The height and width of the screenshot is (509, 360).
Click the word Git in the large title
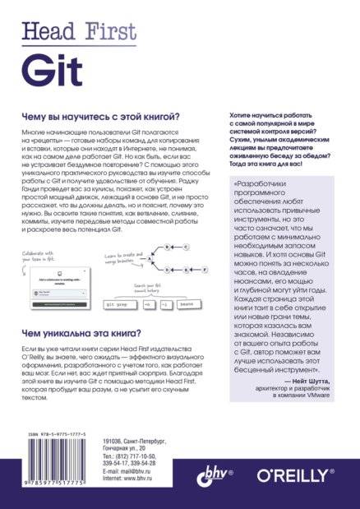(x=43, y=67)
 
